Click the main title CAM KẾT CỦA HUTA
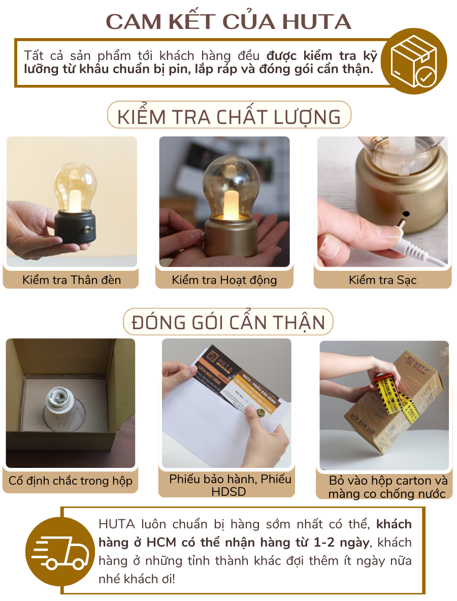228,21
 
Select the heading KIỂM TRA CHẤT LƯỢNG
229,116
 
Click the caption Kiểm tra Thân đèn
72,279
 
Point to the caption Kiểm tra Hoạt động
224,279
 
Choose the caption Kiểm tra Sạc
382,279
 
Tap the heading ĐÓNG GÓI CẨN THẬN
228,323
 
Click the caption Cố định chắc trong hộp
71,481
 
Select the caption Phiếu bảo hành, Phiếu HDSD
226,485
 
